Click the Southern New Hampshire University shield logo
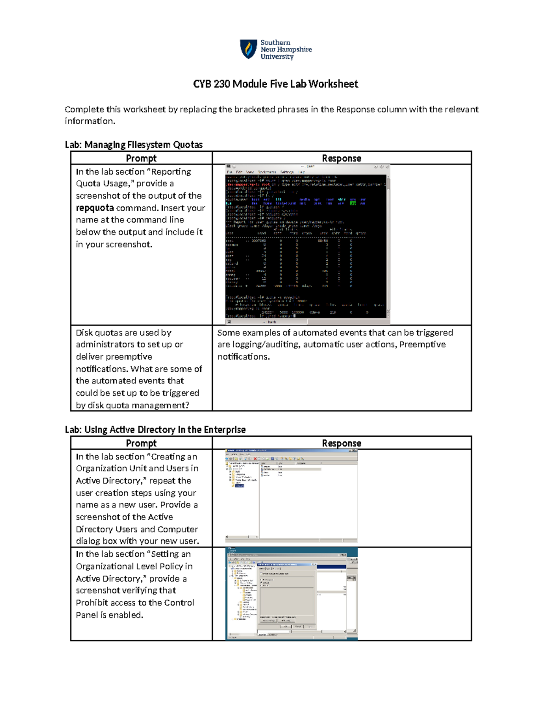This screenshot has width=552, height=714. [248, 49]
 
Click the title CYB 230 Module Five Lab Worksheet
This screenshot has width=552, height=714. [275, 84]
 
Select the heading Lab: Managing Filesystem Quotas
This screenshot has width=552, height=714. [133, 145]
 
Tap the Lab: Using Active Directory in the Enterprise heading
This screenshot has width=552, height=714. [155, 429]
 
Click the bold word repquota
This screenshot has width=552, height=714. [95, 208]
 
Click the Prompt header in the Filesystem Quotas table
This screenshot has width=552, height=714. [141, 158]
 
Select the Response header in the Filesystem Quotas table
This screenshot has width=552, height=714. [341, 158]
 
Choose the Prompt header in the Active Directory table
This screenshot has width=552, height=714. [141, 443]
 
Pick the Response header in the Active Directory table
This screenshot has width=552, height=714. [341, 443]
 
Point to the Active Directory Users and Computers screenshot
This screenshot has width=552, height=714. [291, 496]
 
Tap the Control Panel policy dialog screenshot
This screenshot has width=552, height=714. [291, 594]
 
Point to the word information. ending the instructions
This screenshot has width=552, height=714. [90, 121]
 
